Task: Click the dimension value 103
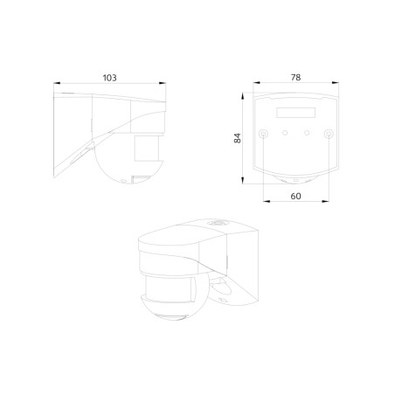[109, 78]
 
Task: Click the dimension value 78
[295, 78]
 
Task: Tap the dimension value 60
[295, 196]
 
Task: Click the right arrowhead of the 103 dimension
[163, 85]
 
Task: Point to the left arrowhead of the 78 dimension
[255, 85]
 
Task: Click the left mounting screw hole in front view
[264, 135]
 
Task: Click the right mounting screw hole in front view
[327, 135]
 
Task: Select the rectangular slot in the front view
[295, 112]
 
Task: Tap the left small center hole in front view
[285, 134]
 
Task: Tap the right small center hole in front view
[307, 134]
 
